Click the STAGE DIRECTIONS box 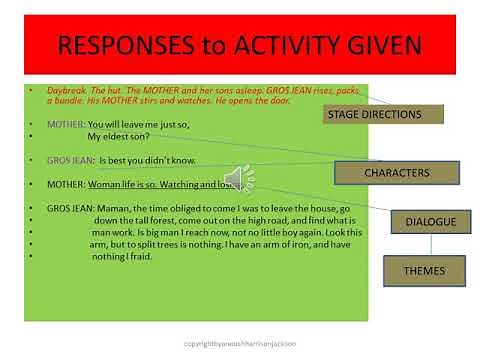coord(373,114)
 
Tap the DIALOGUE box coord(423,221)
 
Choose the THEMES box coord(423,269)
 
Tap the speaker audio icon coord(238,178)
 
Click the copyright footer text coord(239,341)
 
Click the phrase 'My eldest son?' coord(122,137)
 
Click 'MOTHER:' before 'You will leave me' coord(67,125)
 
